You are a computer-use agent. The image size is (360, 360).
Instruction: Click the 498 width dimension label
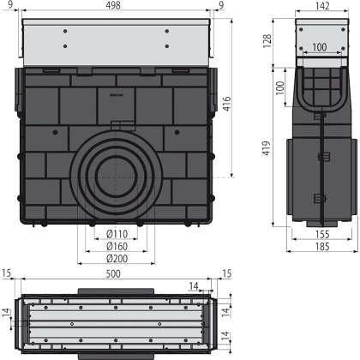113,5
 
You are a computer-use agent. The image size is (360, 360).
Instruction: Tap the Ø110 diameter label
117,234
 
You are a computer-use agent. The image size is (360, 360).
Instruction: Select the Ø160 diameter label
117,246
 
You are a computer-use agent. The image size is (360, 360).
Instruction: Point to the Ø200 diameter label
117,258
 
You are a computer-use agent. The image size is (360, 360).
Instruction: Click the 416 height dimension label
226,104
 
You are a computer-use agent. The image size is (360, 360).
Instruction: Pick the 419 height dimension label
267,147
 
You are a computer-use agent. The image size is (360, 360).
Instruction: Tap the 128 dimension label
267,41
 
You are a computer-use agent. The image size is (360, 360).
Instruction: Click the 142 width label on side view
322,6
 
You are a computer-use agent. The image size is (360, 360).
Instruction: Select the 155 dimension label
322,234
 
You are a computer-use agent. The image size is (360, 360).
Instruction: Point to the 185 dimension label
322,246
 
